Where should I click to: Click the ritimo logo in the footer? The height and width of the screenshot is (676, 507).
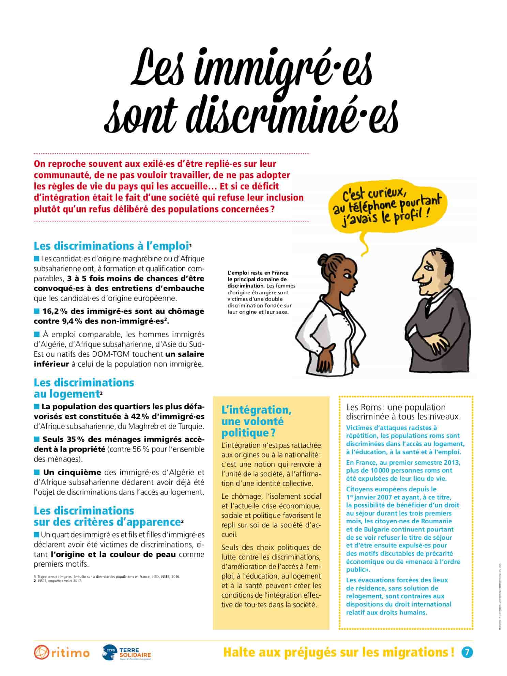62,652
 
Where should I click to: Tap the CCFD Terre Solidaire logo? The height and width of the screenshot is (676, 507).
126,652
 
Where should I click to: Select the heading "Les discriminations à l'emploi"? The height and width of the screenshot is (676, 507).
111,246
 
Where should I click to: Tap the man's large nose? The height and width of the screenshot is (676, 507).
418,271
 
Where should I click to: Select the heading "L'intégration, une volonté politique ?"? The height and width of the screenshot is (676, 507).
256,421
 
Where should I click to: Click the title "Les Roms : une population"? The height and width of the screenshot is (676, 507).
396,407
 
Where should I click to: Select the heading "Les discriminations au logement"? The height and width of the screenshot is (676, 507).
84,388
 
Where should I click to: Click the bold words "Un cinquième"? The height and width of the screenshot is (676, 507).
72,472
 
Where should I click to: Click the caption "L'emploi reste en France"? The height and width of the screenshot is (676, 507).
258,273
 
